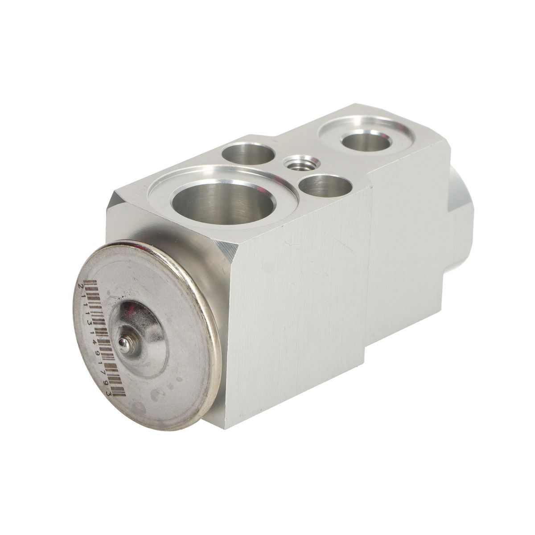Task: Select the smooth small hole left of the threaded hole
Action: pos(250,154)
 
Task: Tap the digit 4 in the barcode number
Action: pos(95,342)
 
